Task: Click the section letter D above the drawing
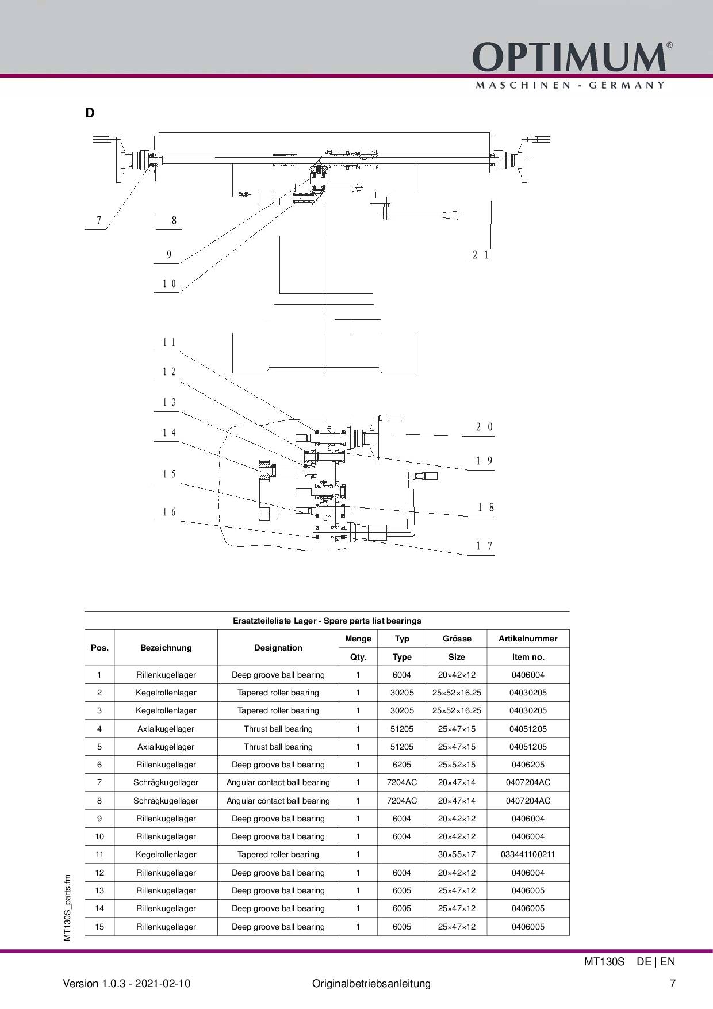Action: click(x=90, y=113)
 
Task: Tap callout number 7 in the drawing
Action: click(x=99, y=220)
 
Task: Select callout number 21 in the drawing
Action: click(x=481, y=255)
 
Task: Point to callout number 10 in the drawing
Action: click(x=169, y=284)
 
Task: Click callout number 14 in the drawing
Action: click(x=169, y=433)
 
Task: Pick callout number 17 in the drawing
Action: click(x=484, y=546)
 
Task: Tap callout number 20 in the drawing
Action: click(x=484, y=427)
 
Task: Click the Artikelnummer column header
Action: click(x=528, y=639)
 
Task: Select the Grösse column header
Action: click(x=457, y=639)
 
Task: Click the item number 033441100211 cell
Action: click(x=528, y=854)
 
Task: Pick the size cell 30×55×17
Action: click(x=457, y=854)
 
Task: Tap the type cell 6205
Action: click(x=402, y=765)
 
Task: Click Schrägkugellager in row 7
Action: click(x=166, y=782)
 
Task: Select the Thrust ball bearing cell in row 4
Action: click(x=278, y=729)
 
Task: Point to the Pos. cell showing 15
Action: click(x=99, y=927)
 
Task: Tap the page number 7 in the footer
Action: click(x=673, y=983)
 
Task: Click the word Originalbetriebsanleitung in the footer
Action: click(x=371, y=983)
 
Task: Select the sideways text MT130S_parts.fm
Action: click(x=67, y=908)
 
